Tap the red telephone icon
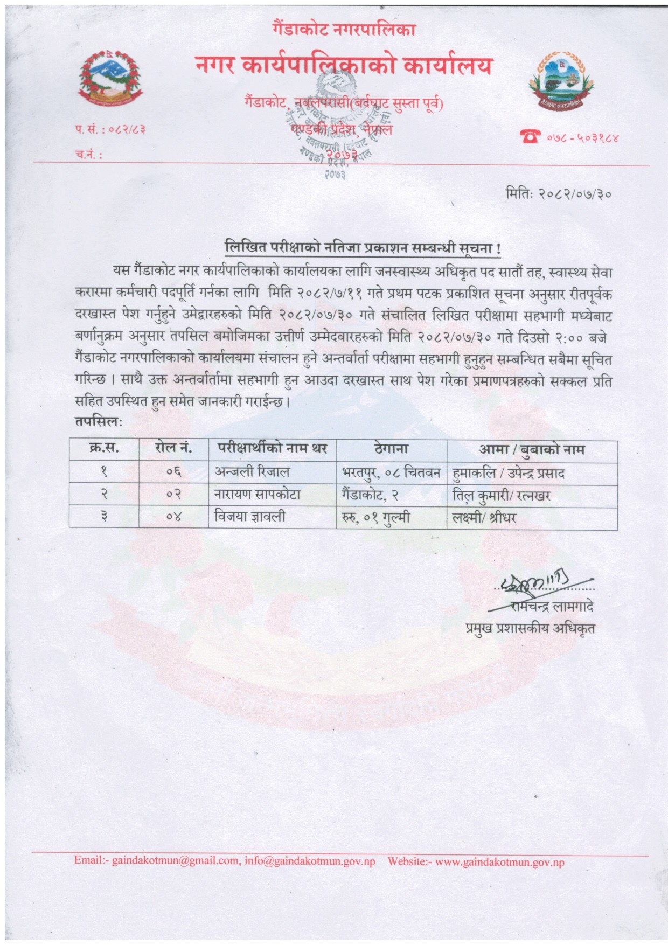click(530, 137)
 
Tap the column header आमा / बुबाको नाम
click(532, 449)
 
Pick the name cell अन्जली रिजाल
click(252, 472)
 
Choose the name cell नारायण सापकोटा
click(258, 495)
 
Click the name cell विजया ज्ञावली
click(250, 517)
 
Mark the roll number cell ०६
click(173, 472)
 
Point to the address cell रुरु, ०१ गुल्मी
click(375, 517)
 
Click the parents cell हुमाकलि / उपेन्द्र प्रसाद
click(509, 473)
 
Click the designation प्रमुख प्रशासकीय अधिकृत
click(530, 628)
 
